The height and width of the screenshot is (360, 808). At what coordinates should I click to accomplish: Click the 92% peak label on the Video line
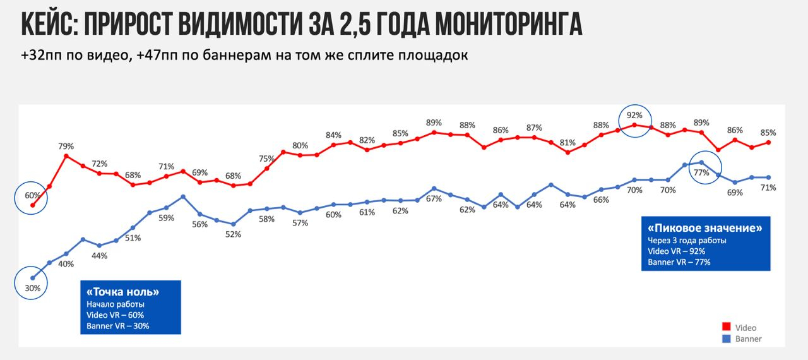coord(634,116)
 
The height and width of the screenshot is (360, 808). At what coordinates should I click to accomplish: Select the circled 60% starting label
coord(33,195)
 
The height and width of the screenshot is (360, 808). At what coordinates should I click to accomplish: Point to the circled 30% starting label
coord(33,288)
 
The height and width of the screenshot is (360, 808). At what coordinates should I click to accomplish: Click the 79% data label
coord(66,147)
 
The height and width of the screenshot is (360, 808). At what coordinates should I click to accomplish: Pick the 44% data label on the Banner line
coord(99,256)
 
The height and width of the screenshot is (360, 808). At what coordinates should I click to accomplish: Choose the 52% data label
coord(233,234)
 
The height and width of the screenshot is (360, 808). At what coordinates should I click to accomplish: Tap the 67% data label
coord(434,199)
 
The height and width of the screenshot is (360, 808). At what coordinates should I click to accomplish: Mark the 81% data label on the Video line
coord(567,142)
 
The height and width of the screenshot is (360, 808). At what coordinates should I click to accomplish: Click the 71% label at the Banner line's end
coord(768,188)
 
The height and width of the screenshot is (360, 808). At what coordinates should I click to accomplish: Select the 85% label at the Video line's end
coord(768,133)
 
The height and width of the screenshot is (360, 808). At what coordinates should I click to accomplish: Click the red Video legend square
coord(727,327)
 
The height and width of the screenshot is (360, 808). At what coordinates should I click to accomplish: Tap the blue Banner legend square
coord(727,339)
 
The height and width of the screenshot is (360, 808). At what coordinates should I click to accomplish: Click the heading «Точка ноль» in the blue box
coord(123,292)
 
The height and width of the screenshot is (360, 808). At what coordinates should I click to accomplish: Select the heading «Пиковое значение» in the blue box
coord(705,228)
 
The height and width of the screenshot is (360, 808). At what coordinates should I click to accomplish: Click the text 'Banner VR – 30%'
coord(119,326)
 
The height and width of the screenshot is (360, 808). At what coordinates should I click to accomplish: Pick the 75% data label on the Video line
coord(266,159)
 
